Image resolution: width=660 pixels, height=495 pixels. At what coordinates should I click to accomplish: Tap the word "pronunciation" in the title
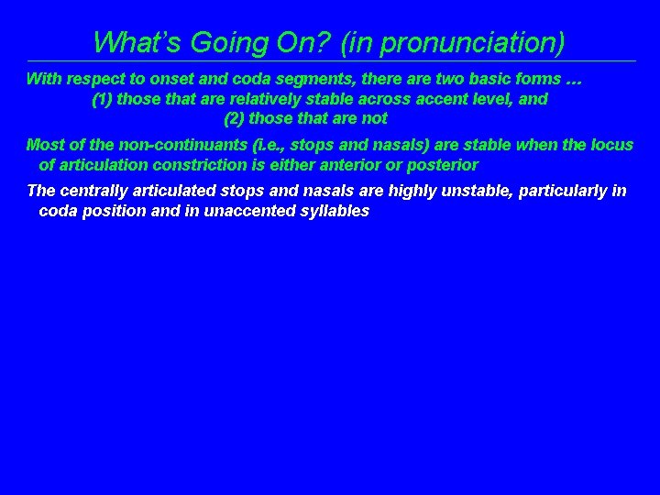point(469,43)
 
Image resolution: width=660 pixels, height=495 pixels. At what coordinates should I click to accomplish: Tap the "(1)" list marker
point(103,99)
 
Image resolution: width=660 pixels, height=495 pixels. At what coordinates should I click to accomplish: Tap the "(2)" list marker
point(235,118)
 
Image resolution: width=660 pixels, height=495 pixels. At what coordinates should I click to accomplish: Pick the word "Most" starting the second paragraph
point(44,146)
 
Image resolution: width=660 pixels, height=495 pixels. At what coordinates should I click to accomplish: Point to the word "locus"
point(612,146)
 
